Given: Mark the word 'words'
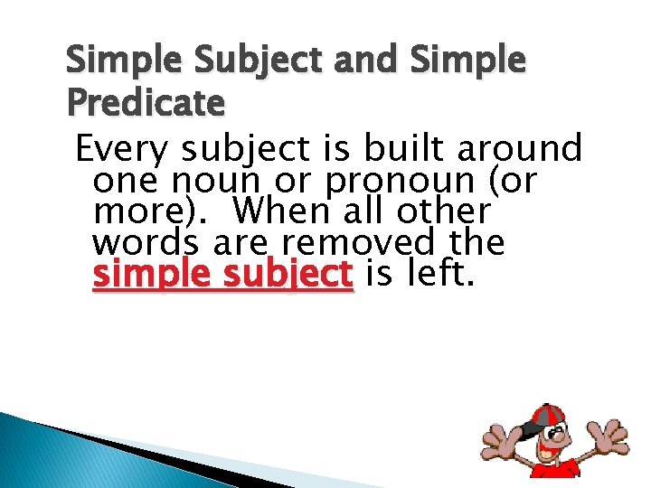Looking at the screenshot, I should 148,242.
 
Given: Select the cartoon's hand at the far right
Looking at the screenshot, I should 609,441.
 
